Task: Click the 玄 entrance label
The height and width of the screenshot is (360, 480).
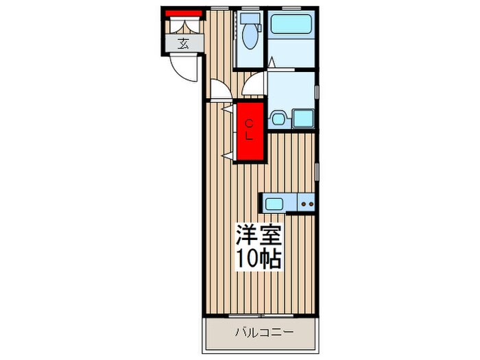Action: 183,45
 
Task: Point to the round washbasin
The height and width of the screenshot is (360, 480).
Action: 278,118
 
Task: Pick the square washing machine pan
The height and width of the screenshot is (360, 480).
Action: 302,118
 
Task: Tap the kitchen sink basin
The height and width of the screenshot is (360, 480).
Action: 274,203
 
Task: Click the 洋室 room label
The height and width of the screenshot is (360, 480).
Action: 259,235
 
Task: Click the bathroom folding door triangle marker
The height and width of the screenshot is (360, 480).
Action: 272,63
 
